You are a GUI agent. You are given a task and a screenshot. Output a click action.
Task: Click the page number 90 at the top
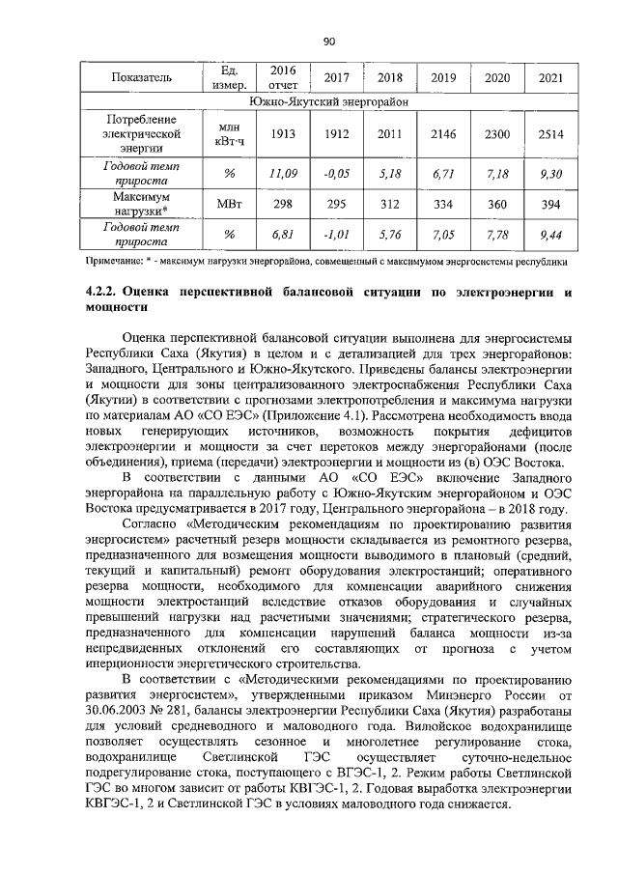click(x=328, y=41)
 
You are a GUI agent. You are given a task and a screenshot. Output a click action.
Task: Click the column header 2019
click(x=443, y=77)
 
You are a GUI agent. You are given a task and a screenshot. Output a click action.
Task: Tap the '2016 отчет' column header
click(x=282, y=77)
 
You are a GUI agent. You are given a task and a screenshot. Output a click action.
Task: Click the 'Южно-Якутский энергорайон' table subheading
click(x=328, y=100)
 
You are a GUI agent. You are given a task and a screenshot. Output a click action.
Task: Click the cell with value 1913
click(x=282, y=134)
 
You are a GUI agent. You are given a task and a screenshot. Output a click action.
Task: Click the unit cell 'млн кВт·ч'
click(x=230, y=134)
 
